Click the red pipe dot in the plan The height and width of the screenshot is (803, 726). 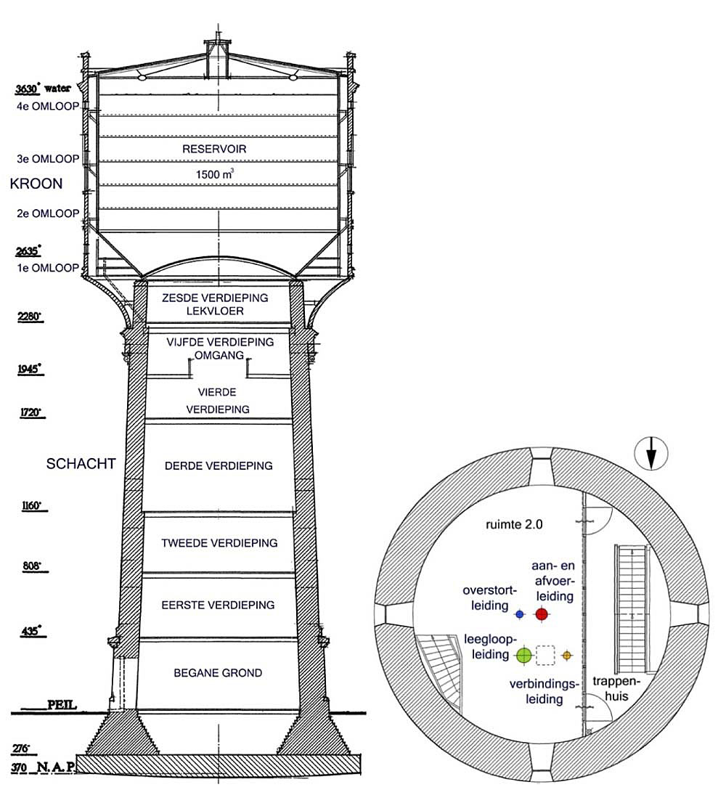[x=541, y=614]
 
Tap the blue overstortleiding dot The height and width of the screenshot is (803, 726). [x=519, y=614]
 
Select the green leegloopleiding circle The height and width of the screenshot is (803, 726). [x=524, y=656]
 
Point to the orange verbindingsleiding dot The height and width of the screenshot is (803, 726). [x=568, y=656]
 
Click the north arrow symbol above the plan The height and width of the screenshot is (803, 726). [x=651, y=455]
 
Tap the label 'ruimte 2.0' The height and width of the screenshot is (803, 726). [x=506, y=523]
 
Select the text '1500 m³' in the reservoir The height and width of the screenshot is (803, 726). [x=215, y=175]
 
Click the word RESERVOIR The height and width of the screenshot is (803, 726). [x=215, y=149]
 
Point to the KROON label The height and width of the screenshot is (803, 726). [x=36, y=184]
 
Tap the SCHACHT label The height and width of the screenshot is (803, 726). [x=81, y=464]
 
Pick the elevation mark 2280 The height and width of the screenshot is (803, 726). [x=30, y=317]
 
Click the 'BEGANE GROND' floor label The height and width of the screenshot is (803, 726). [x=218, y=673]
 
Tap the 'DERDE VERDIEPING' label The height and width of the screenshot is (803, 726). [x=219, y=465]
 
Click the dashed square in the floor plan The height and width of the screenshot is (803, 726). [x=545, y=656]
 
